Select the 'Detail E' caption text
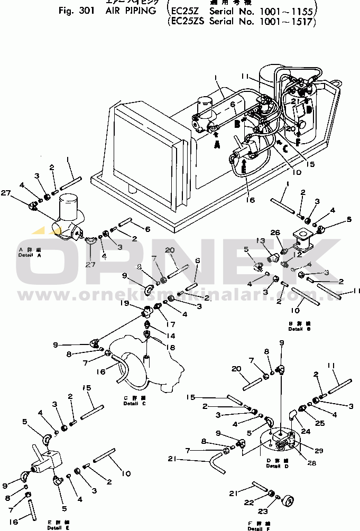58,527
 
